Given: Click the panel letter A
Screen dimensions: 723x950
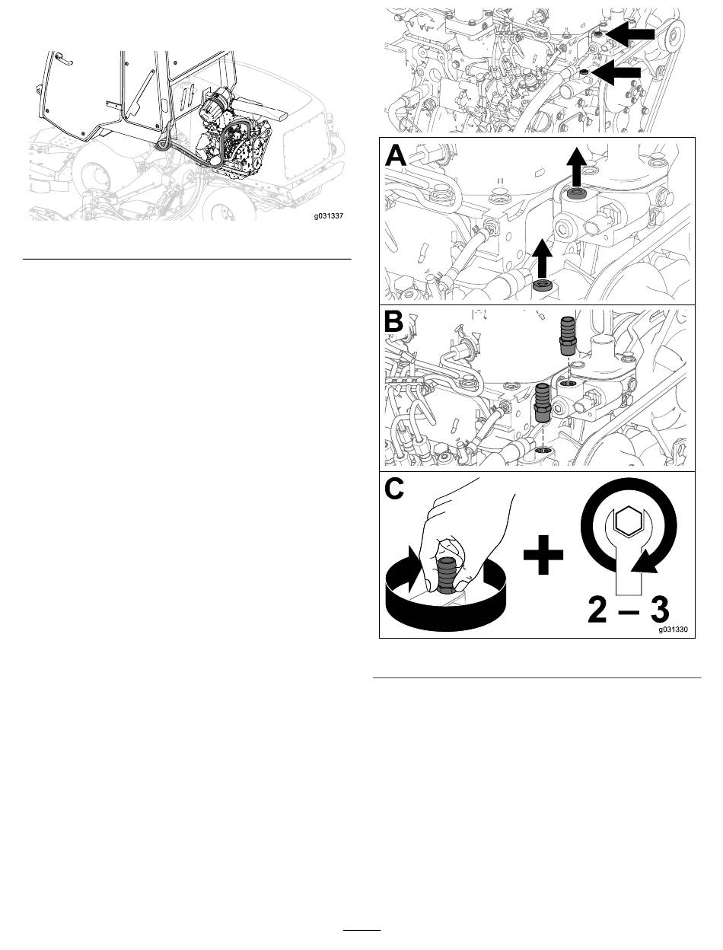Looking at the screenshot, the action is pos(396,155).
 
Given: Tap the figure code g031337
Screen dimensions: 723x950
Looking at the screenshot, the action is pos(329,215).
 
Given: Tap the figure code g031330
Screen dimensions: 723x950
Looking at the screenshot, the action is pos(674,630).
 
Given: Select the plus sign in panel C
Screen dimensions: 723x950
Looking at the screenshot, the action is pos(543,554).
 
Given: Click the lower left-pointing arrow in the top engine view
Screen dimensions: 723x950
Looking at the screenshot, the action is pos(616,72).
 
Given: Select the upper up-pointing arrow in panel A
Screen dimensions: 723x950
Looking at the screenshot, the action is pos(576,166).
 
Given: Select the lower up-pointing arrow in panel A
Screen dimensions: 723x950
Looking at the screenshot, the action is pos(542,258).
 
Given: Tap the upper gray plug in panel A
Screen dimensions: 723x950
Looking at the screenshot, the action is pos(576,193).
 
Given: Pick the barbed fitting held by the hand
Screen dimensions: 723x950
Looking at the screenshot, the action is pos(446,576).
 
